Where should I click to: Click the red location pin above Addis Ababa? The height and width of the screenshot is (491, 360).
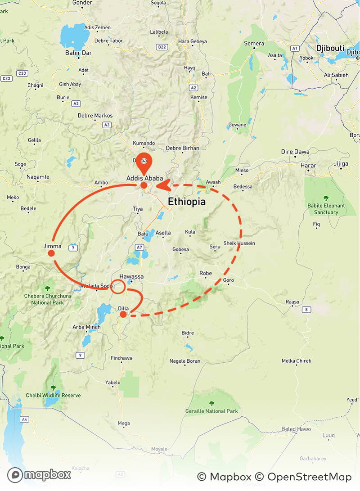pyautogui.click(x=144, y=162)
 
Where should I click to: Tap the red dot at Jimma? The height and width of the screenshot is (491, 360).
pyautogui.click(x=51, y=253)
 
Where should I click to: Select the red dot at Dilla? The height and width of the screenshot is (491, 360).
pyautogui.click(x=123, y=315)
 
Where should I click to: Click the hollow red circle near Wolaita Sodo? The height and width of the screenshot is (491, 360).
pyautogui.click(x=118, y=287)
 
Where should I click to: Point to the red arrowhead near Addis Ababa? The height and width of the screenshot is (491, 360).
pyautogui.click(x=162, y=185)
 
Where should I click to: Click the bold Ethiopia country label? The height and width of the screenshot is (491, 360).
pyautogui.click(x=187, y=202)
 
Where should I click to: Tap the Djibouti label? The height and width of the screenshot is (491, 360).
pyautogui.click(x=330, y=48)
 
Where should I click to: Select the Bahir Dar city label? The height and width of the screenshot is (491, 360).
pyautogui.click(x=78, y=52)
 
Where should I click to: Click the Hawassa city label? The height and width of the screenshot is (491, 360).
pyautogui.click(x=131, y=276)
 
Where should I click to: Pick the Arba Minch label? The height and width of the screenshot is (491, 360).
pyautogui.click(x=84, y=327)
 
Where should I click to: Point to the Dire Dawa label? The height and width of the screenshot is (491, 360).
pyautogui.click(x=295, y=152)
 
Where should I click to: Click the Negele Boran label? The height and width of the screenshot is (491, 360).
pyautogui.click(x=184, y=361)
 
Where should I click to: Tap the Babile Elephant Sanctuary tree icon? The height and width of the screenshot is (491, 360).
pyautogui.click(x=326, y=198)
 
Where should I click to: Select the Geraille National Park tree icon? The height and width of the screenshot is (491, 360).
pyautogui.click(x=211, y=403)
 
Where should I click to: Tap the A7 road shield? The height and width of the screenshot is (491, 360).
pyautogui.click(x=139, y=247)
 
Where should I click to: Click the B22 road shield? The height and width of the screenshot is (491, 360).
pyautogui.click(x=162, y=47)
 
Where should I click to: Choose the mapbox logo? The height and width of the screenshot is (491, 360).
pyautogui.click(x=39, y=475)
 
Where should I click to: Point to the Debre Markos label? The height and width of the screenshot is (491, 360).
pyautogui.click(x=95, y=116)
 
